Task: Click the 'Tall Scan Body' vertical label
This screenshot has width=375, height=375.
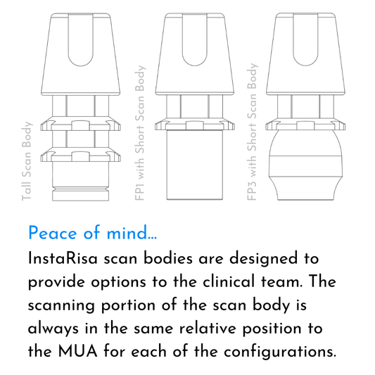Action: coord(27,161)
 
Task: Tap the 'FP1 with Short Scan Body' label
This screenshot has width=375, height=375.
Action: coord(141,133)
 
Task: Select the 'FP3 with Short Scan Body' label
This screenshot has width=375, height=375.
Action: coord(253,132)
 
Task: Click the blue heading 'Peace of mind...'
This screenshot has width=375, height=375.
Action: coord(93,233)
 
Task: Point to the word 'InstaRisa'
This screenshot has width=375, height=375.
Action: coord(63,259)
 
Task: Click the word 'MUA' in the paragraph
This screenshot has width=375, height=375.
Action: coord(77,352)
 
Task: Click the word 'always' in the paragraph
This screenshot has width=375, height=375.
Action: coord(53,329)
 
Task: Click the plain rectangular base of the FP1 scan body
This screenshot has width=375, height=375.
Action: coord(195,165)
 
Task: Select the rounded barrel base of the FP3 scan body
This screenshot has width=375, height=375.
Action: coord(305,165)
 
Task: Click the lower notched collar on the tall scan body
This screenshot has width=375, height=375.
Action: coord(81,155)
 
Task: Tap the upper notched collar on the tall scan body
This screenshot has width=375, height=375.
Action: coord(81,123)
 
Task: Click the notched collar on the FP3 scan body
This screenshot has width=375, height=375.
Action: coord(305,124)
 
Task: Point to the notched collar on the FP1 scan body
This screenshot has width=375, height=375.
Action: coord(195,124)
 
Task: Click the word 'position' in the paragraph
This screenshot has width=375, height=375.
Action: coord(272,329)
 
